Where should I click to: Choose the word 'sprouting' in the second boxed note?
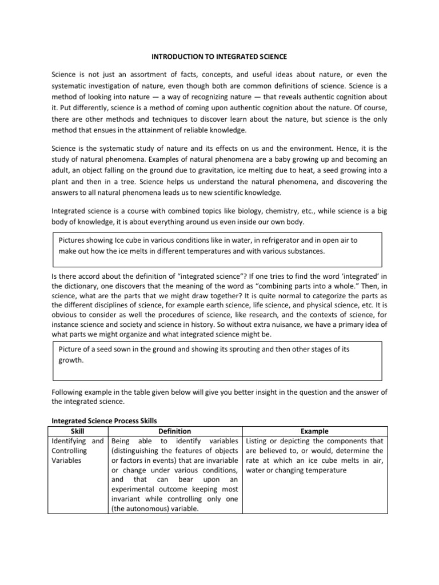(x=249, y=350)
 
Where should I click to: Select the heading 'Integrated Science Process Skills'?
(x=101, y=420)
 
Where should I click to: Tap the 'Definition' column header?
(x=175, y=431)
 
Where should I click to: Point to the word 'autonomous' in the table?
(x=147, y=509)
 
